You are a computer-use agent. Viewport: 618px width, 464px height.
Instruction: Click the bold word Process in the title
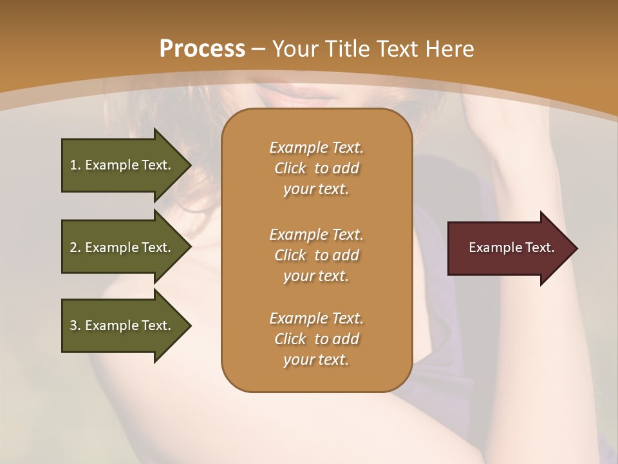[202, 49]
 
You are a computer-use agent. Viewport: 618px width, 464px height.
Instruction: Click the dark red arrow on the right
[509, 248]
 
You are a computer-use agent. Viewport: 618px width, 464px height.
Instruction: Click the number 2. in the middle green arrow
[75, 247]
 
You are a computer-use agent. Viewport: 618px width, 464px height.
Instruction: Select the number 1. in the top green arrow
[75, 165]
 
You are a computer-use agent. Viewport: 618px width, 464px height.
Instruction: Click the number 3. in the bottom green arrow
[75, 325]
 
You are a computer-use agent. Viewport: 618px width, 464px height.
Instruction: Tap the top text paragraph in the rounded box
[316, 168]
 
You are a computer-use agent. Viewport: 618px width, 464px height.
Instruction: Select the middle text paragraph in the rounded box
[316, 255]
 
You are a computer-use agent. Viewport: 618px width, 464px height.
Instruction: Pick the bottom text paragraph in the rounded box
[316, 339]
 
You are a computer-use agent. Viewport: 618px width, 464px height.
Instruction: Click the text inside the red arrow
[511, 247]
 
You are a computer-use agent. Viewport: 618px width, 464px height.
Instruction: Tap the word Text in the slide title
[399, 49]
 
